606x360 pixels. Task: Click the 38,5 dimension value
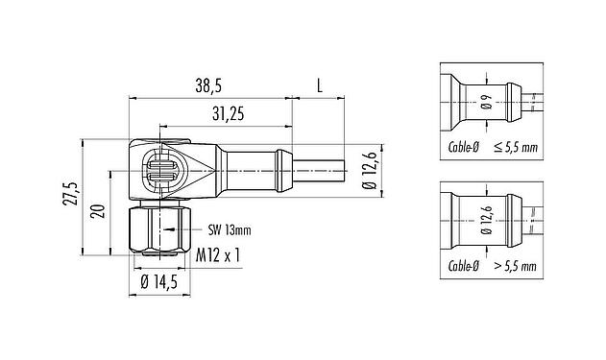[x=206, y=84]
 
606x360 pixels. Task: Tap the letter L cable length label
[x=319, y=84]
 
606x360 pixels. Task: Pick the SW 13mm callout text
[x=229, y=229]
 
